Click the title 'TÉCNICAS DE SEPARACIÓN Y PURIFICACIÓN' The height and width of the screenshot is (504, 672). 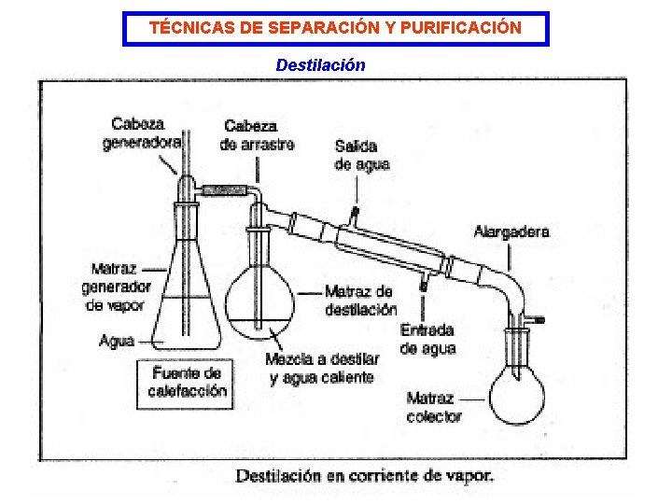click(336, 28)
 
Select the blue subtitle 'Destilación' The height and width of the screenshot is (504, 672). click(320, 65)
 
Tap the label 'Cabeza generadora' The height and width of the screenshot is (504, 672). click(140, 133)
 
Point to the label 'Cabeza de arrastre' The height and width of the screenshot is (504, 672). click(257, 135)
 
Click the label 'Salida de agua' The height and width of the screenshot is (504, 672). click(361, 155)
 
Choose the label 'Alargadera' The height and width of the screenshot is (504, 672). click(511, 231)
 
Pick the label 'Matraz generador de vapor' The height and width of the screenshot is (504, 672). click(117, 287)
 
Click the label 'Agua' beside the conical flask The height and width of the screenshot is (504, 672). click(117, 342)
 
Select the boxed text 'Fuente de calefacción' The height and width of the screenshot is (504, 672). click(187, 382)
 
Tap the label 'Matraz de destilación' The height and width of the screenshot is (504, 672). click(360, 301)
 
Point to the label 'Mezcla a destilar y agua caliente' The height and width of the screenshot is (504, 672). click(322, 368)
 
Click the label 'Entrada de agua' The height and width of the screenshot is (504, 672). click(427, 339)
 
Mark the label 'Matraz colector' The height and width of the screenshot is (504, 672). click(434, 407)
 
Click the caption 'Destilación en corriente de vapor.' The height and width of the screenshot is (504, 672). click(365, 476)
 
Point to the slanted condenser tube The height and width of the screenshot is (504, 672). click(392, 245)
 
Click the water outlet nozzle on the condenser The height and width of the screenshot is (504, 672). click(355, 216)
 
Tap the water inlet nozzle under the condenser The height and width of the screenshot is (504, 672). click(423, 283)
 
